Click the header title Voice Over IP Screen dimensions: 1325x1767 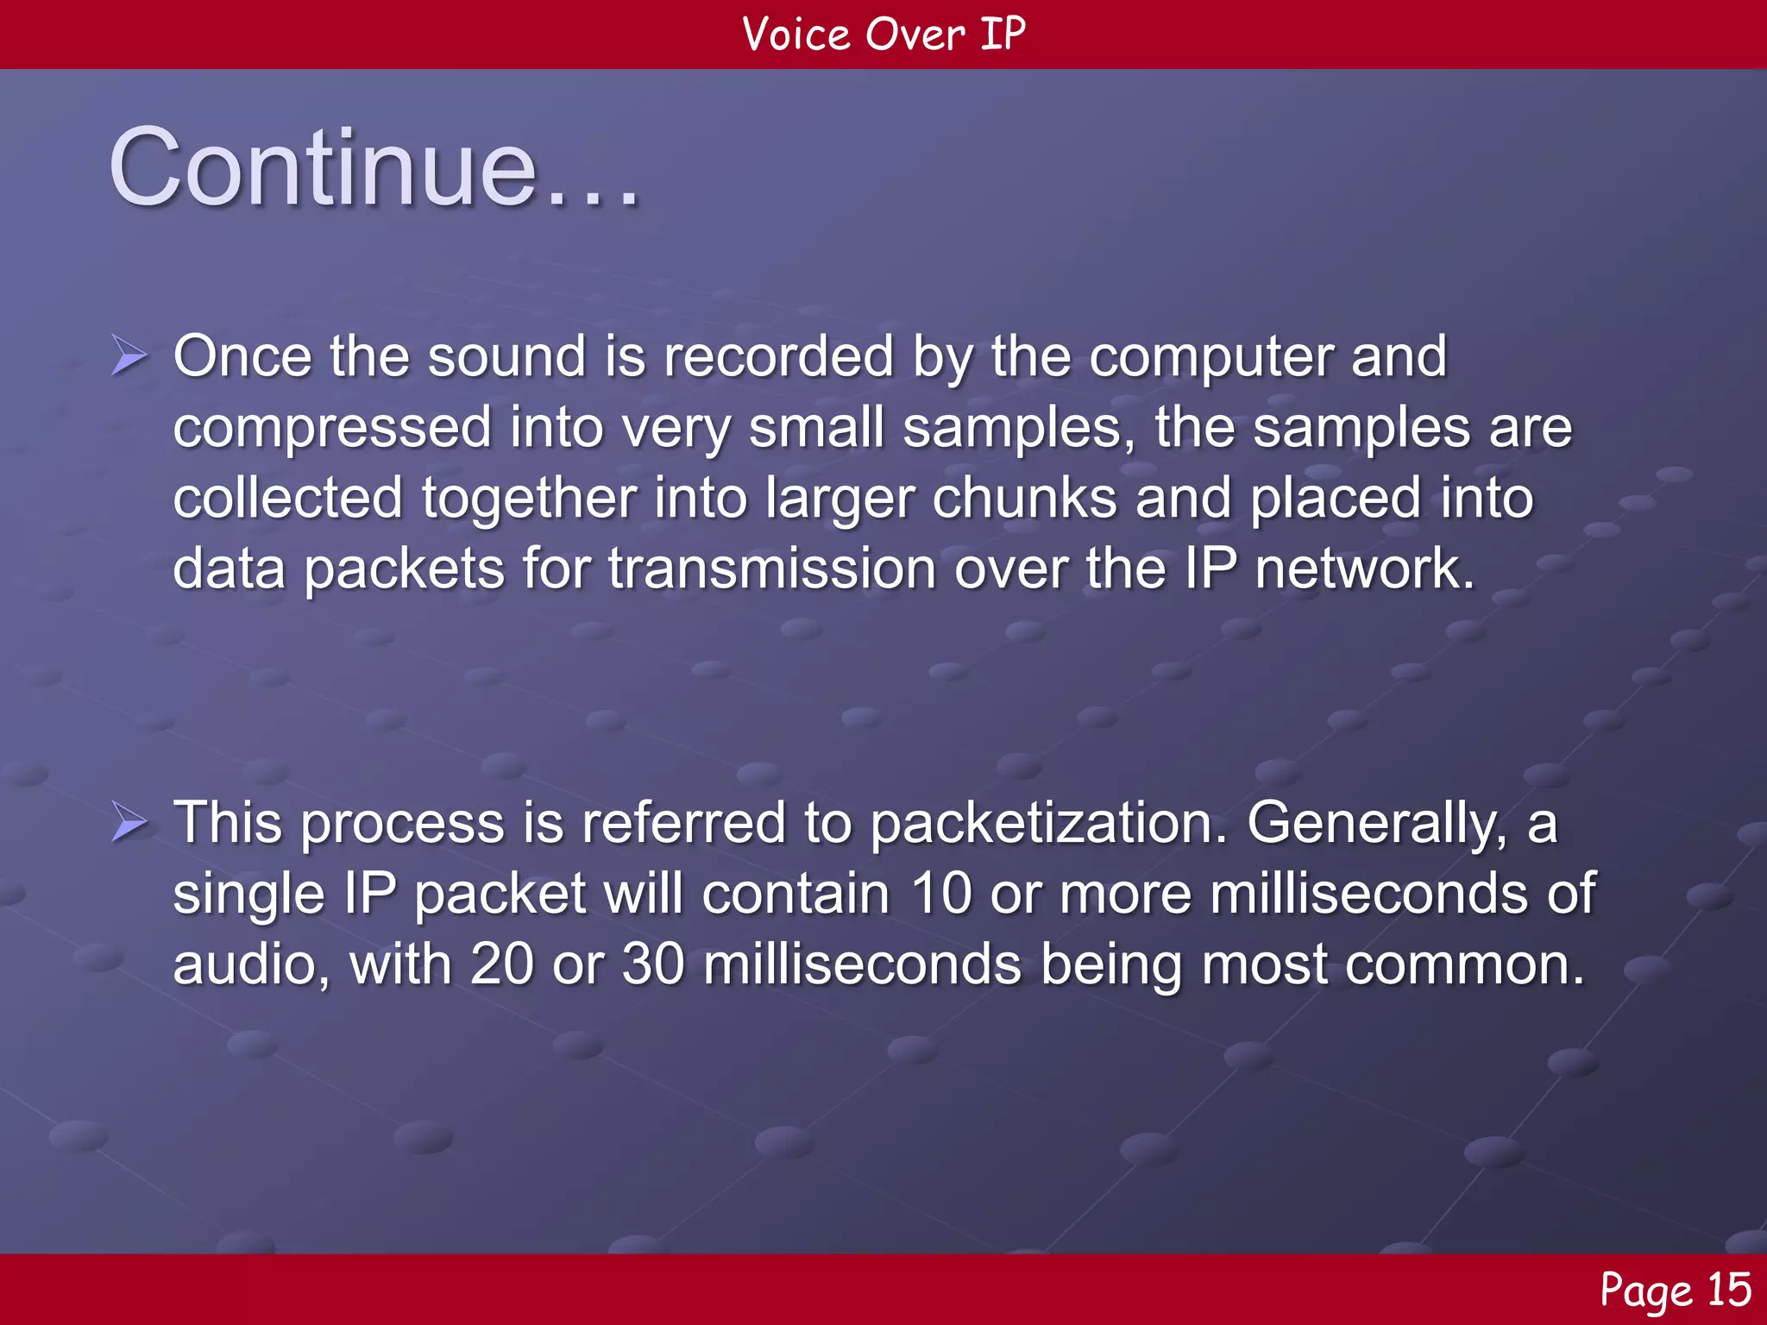tap(883, 35)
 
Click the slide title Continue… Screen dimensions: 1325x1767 tap(375, 168)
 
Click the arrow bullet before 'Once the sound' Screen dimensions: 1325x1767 tap(129, 356)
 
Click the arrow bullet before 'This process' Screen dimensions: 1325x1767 tap(129, 822)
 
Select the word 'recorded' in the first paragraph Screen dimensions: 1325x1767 tap(778, 356)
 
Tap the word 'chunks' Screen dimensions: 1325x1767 tap(1024, 499)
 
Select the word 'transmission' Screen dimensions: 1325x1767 tap(772, 570)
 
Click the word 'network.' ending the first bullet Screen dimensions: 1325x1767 tap(1365, 570)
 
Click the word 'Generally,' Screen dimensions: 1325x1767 tap(1378, 824)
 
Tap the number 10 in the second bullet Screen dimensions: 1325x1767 tap(941, 893)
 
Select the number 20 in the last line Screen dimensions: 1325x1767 tap(501, 964)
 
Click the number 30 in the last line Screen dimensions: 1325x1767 tap(653, 964)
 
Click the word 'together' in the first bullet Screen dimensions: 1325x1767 tap(529, 499)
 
